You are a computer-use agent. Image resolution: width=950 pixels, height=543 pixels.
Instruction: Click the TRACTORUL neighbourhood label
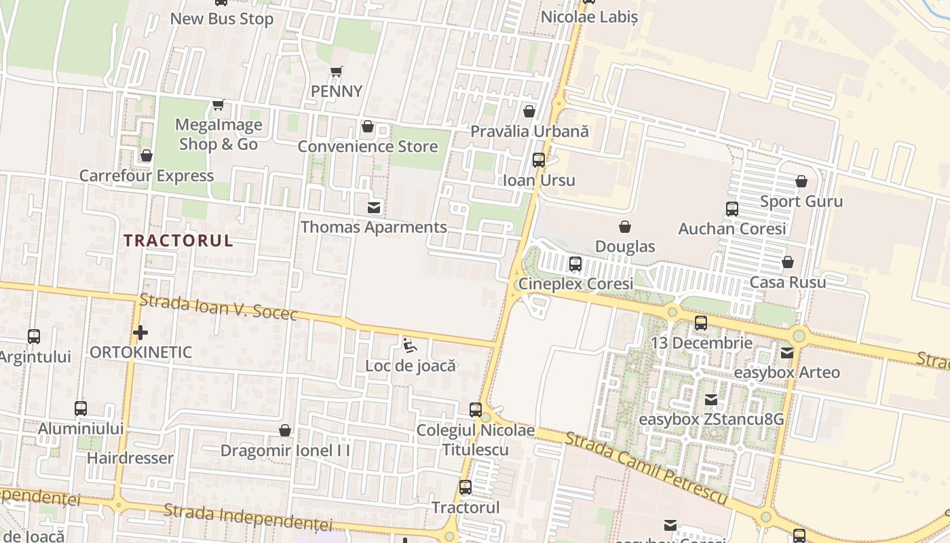tap(178, 240)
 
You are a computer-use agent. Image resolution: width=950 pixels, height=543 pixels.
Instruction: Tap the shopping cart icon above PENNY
tap(337, 71)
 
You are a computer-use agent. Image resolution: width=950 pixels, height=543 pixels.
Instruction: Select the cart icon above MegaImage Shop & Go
tap(218, 105)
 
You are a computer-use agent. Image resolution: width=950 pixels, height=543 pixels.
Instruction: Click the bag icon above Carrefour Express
tap(147, 156)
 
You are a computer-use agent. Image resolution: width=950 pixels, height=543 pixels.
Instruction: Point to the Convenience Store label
tap(368, 146)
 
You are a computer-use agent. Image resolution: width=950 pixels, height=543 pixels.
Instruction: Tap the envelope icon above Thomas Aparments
tap(374, 207)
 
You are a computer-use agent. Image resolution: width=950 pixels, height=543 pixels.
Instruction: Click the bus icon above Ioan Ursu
tap(539, 160)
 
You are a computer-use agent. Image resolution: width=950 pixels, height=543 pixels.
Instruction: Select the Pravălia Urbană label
tap(529, 131)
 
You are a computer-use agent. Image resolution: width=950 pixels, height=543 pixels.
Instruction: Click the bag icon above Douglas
tap(625, 227)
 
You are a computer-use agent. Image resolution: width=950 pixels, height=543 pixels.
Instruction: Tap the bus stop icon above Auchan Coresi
tap(732, 209)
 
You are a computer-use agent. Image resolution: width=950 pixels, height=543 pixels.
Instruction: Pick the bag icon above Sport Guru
tap(801, 181)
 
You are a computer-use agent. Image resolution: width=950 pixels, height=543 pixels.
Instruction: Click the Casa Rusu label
tap(788, 282)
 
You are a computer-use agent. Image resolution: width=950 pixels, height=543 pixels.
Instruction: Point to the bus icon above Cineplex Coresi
tap(575, 264)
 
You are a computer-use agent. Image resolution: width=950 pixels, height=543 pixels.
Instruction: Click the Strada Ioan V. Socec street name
tap(218, 307)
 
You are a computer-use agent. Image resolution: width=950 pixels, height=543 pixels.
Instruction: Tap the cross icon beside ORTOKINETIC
tap(140, 333)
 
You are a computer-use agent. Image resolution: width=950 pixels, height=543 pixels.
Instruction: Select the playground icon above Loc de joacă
tap(410, 345)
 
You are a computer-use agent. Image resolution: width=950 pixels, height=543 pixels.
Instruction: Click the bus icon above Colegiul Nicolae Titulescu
tap(476, 410)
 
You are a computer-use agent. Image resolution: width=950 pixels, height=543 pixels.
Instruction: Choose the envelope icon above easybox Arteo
tap(787, 353)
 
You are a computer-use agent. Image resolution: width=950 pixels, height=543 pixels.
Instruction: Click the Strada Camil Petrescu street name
tap(646, 468)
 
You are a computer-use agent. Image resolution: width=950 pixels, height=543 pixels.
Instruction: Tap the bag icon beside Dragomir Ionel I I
tap(285, 430)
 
